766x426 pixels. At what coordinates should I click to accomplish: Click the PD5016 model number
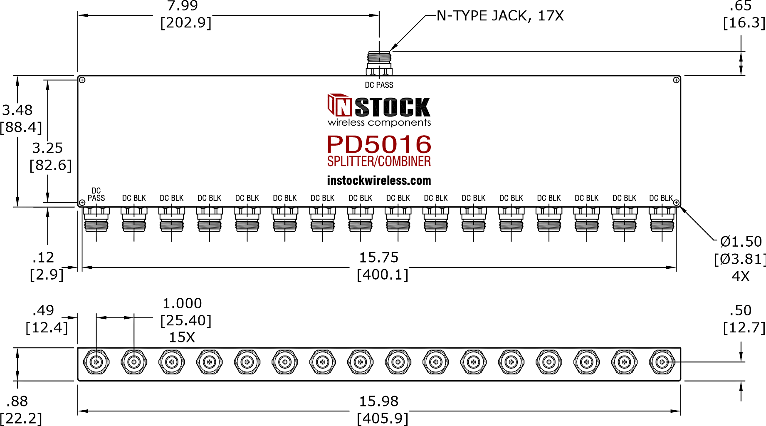pos(379,144)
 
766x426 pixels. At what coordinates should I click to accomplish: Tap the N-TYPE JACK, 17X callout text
pos(500,16)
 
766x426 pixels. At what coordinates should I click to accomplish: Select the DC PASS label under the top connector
pos(379,85)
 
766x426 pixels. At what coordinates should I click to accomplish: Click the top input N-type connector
pos(379,63)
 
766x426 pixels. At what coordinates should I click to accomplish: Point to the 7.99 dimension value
pos(183,6)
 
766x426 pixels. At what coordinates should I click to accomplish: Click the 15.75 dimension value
pos(379,258)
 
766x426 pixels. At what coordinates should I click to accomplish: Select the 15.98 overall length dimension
pos(379,401)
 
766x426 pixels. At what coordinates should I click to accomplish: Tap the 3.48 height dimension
pos(17,110)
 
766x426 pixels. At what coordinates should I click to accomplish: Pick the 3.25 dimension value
pos(47,148)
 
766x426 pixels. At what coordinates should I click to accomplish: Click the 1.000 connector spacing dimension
pos(182,304)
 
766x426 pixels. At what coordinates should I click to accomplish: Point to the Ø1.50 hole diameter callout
pos(741,242)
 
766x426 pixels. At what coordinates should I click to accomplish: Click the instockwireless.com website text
pos(379,181)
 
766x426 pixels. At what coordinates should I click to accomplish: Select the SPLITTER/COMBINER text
pos(379,161)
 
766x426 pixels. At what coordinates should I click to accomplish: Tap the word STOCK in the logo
pos(393,107)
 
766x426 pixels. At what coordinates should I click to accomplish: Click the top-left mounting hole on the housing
pos(82,80)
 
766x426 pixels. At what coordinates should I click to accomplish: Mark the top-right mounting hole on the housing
pos(676,80)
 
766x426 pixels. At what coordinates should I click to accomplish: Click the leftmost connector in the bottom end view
pos(96,362)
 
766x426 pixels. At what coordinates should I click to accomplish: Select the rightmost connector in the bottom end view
pos(662,362)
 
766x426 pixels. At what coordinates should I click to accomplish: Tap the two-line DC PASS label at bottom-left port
pos(96,194)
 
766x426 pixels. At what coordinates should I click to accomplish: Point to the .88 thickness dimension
pos(17,401)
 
